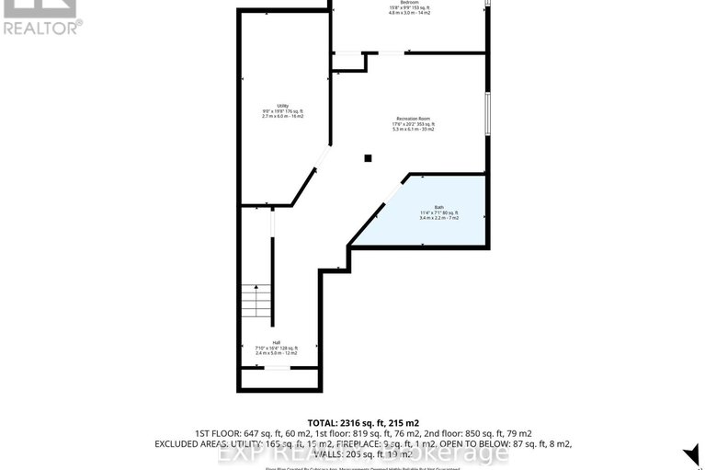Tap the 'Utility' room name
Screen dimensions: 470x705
click(x=282, y=106)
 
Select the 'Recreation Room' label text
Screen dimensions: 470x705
click(x=415, y=119)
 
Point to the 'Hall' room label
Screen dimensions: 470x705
click(x=276, y=342)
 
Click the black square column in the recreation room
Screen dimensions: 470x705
click(x=368, y=158)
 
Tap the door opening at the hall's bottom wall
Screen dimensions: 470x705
click(x=276, y=368)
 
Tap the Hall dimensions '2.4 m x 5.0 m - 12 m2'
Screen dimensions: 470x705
click(x=276, y=353)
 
